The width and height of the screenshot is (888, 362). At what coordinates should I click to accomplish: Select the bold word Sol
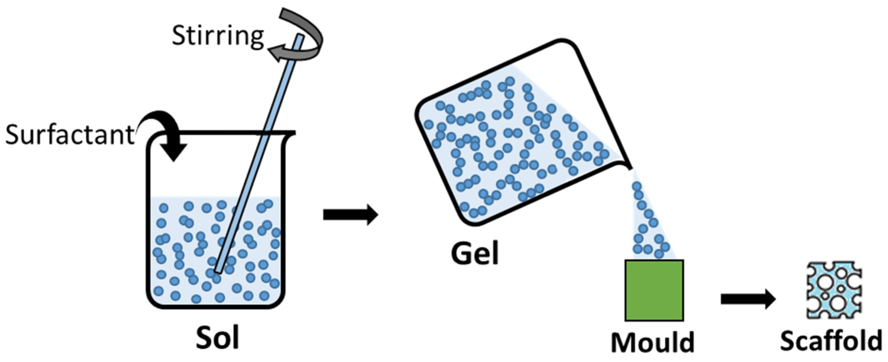tap(218, 338)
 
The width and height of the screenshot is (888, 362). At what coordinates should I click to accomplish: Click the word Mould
tap(653, 342)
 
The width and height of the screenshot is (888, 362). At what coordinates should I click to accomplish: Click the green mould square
tap(654, 290)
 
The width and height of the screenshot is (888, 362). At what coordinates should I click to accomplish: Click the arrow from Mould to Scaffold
tap(748, 299)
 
